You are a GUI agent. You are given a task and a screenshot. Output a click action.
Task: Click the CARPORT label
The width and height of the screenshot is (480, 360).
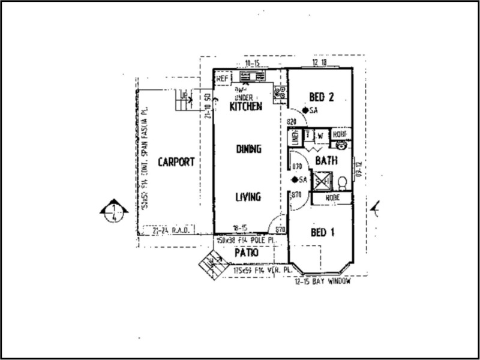(x=176, y=162)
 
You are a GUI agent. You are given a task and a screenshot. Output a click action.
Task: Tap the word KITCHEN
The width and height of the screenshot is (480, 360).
(x=247, y=107)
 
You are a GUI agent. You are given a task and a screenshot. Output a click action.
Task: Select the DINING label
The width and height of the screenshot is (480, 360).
(x=248, y=149)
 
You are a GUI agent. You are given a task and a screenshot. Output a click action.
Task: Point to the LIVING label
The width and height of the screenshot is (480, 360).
(x=247, y=196)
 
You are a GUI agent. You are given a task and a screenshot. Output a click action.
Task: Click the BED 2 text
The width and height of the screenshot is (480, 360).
(x=321, y=97)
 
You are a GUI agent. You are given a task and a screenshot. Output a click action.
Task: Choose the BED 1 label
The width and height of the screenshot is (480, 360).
(x=322, y=233)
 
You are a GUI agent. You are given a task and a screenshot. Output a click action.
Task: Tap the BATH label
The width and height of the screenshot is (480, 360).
(x=325, y=160)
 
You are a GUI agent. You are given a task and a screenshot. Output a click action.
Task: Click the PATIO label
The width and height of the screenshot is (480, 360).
(x=246, y=253)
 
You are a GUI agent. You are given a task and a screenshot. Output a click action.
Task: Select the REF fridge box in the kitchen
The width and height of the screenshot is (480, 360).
(x=222, y=78)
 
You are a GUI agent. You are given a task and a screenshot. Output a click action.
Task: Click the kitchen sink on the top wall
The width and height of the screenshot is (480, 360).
(x=248, y=77)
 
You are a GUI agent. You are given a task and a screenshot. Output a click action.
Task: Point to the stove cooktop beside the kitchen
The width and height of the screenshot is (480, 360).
(x=280, y=92)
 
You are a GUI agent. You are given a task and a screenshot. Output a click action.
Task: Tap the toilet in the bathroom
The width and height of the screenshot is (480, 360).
(x=343, y=182)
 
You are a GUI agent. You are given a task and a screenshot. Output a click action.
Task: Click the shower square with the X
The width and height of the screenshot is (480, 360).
(x=323, y=179)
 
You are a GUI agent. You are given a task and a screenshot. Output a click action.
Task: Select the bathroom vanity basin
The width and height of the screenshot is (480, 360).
(x=342, y=145)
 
